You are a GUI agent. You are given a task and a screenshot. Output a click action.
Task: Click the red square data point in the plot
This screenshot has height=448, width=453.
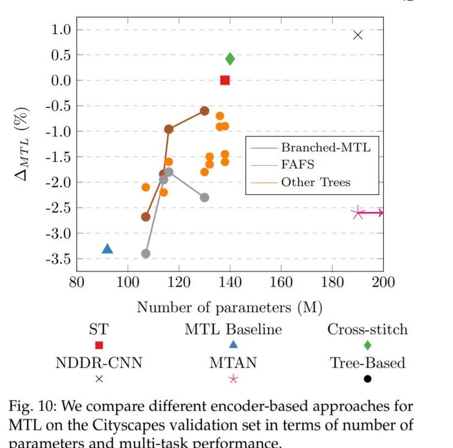(225, 80)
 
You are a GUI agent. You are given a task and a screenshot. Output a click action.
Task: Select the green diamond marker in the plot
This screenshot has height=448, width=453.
(230, 59)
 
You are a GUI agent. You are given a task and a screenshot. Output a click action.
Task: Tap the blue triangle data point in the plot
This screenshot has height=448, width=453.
(107, 249)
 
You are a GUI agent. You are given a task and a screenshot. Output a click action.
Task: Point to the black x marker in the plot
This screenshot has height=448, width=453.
(358, 35)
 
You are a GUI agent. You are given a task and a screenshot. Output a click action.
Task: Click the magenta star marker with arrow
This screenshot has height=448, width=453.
(358, 213)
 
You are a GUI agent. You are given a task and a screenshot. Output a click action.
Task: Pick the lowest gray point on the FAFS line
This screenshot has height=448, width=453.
(145, 254)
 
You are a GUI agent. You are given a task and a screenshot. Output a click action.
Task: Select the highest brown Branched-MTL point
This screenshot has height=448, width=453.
(204, 111)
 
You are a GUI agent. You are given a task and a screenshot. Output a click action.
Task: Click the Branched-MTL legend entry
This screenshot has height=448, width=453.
(325, 147)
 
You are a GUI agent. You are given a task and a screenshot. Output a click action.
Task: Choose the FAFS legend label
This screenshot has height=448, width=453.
(298, 165)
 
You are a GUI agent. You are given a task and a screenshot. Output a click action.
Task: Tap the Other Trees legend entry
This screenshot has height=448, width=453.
(315, 182)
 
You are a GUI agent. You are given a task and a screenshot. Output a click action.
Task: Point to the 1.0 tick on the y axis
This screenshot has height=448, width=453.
(61, 30)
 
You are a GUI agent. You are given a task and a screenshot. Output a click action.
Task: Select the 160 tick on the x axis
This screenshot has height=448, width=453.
(281, 282)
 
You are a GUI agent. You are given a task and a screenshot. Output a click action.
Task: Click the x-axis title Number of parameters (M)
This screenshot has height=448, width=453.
(230, 307)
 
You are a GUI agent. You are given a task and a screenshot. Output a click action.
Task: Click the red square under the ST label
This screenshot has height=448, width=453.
(99, 345)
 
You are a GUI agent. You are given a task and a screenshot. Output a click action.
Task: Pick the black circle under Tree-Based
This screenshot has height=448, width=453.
(367, 379)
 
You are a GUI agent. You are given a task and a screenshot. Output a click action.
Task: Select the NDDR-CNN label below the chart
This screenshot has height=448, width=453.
(99, 363)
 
